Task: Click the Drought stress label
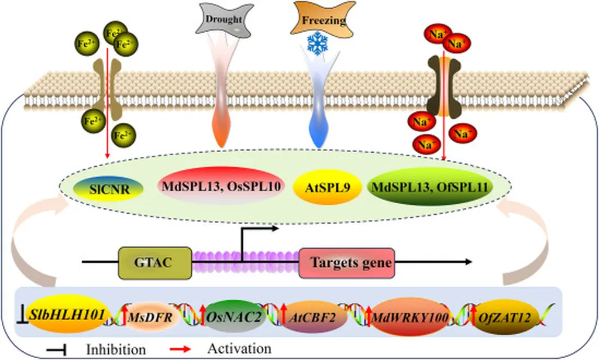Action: pos(225,19)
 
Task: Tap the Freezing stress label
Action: pos(323,20)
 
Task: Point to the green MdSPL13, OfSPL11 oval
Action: pos(431,187)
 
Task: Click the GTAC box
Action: pos(155,262)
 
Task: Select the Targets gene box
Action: pos(346,262)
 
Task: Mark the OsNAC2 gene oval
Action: pos(229,317)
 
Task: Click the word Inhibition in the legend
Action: pos(115,349)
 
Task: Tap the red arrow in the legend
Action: pos(185,348)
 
